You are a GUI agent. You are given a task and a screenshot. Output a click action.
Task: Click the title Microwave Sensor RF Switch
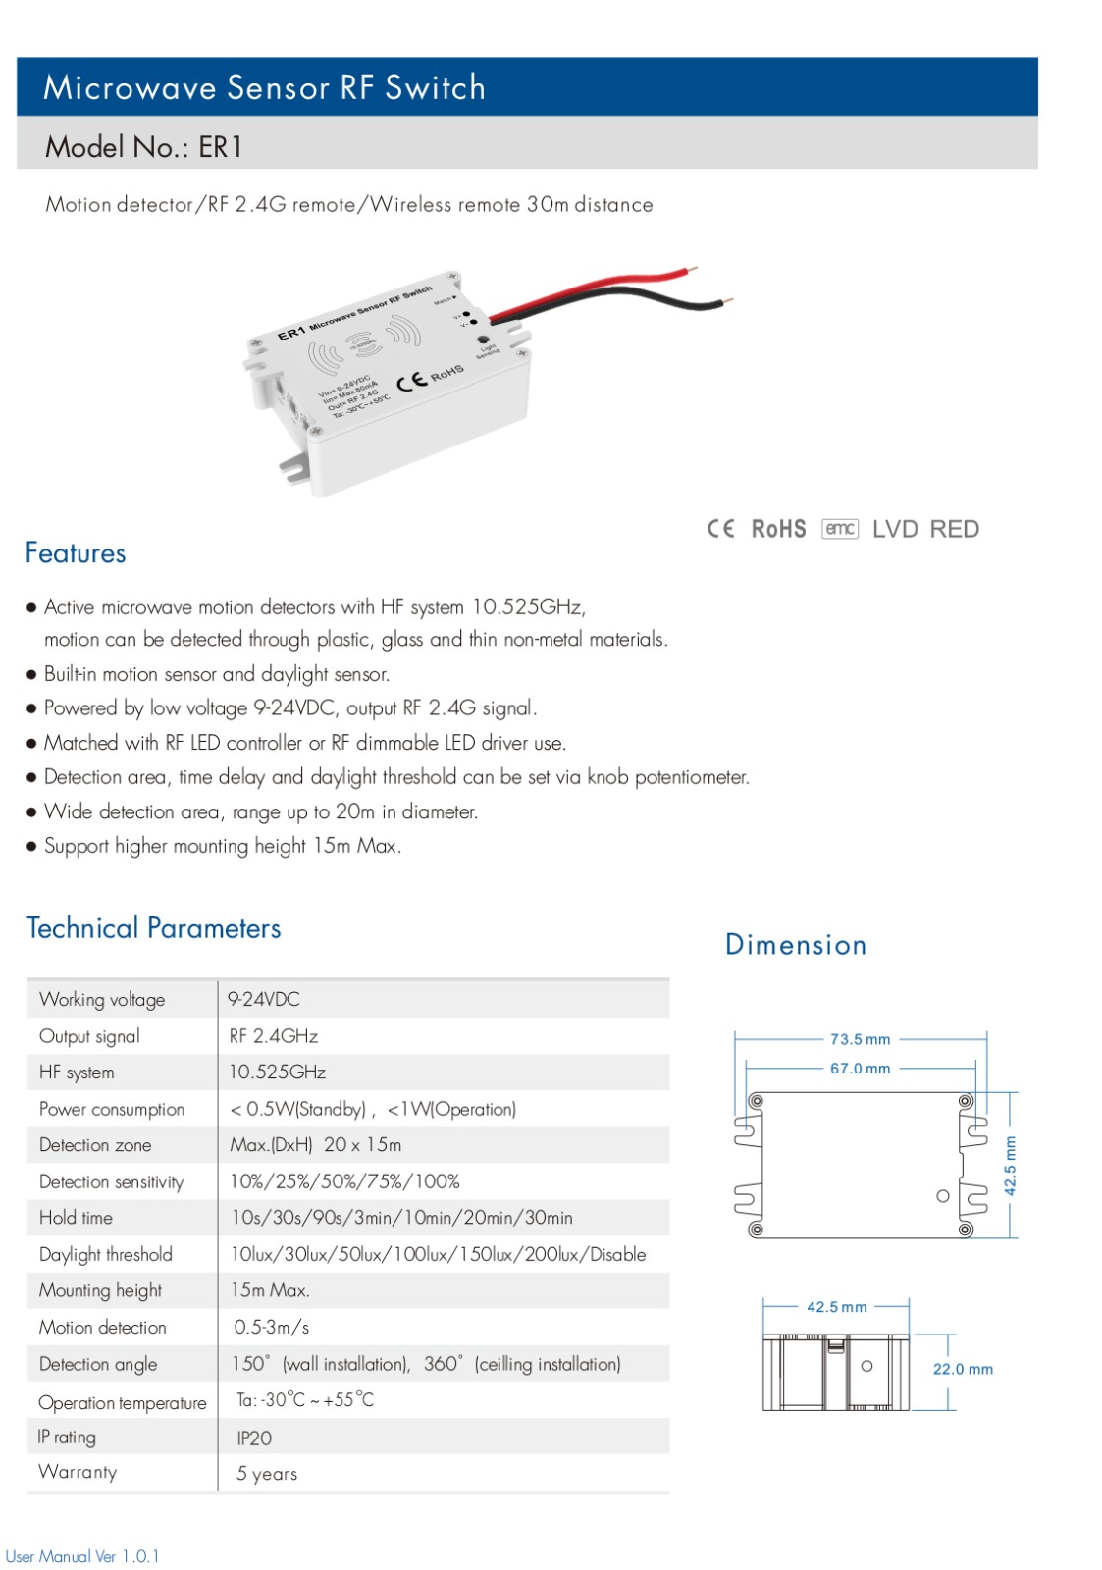[264, 87]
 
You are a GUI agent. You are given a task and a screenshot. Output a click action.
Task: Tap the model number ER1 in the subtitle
[220, 147]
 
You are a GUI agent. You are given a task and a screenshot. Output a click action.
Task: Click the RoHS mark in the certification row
[778, 529]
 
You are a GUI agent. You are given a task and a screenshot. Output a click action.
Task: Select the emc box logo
[840, 528]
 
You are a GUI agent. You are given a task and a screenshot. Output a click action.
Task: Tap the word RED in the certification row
[954, 529]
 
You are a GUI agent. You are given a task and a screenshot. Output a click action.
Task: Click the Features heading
[76, 553]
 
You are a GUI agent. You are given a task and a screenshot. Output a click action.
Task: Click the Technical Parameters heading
[153, 928]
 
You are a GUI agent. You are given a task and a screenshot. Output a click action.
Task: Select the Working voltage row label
[102, 999]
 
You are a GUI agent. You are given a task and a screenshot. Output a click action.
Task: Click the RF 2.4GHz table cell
[274, 1036]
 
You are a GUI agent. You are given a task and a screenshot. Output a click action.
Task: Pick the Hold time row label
[76, 1218]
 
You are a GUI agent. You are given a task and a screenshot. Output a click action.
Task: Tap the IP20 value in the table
[254, 1439]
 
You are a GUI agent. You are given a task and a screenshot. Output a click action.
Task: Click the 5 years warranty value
[266, 1473]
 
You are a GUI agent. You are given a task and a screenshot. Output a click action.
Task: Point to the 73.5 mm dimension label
[861, 1039]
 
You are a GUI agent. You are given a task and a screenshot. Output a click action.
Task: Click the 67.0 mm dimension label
[861, 1069]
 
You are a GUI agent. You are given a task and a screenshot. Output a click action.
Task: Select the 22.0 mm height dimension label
[963, 1369]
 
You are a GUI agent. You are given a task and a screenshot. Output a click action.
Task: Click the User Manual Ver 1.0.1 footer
[82, 1556]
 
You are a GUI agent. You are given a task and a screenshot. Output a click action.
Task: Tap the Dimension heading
[796, 945]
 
